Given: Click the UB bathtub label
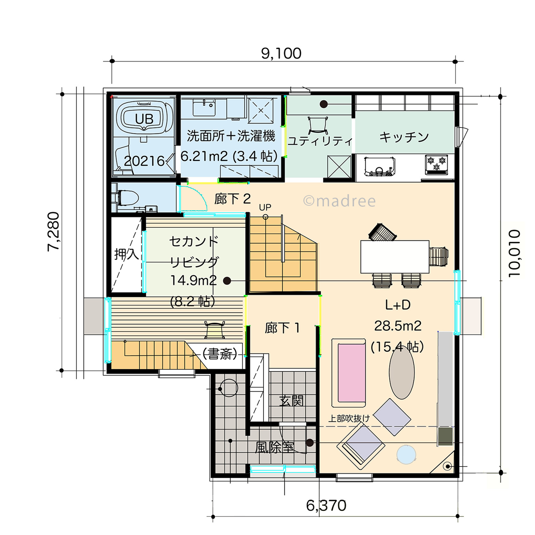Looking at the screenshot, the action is click(x=144, y=119).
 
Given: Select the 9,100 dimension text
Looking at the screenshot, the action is click(x=281, y=53).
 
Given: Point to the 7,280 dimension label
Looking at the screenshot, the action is click(x=53, y=232).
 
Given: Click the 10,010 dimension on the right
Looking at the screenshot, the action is click(x=514, y=253).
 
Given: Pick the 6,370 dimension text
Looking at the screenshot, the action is click(x=326, y=506).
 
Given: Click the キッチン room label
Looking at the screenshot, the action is click(x=404, y=137).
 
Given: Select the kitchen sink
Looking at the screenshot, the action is click(x=379, y=166).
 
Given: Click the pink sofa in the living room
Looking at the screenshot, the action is click(x=352, y=373).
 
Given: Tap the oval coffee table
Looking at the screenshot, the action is click(x=401, y=372).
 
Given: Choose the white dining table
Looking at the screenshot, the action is click(x=395, y=257).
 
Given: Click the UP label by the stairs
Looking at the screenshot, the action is click(x=265, y=207).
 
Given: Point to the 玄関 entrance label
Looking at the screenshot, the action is click(x=291, y=401).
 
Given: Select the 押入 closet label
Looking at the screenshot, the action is click(x=127, y=254).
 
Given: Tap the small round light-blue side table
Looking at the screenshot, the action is click(x=406, y=455).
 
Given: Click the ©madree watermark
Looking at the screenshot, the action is click(x=339, y=201).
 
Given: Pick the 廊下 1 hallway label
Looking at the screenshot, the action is click(x=283, y=328).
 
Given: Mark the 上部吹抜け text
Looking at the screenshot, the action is click(x=349, y=418).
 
